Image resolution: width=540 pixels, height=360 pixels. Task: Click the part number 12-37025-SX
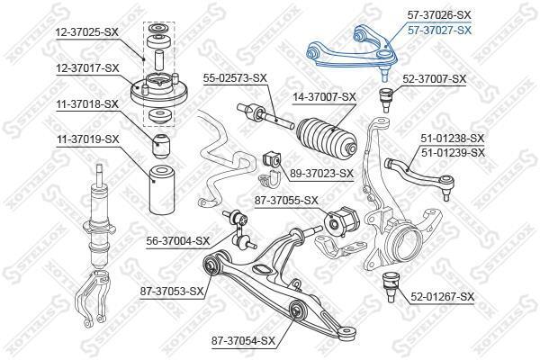(x=87, y=32)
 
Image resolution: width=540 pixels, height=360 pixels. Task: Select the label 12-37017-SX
(x=87, y=68)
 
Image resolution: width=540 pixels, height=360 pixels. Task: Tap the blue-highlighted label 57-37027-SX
(x=439, y=31)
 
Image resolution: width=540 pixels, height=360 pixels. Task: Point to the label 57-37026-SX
(x=439, y=14)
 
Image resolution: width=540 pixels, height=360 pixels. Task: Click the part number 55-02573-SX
(x=235, y=78)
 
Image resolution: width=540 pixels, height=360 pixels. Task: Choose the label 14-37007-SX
(x=324, y=97)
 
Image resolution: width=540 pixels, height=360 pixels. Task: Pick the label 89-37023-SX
(x=321, y=174)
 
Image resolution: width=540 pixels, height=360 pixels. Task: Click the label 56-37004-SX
(x=177, y=241)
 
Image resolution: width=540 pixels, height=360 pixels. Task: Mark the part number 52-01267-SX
(x=442, y=297)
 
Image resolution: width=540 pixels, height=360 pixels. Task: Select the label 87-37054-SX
(x=244, y=341)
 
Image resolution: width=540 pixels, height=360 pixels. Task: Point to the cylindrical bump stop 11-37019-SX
(x=161, y=190)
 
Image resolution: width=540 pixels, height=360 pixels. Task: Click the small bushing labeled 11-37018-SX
(x=161, y=146)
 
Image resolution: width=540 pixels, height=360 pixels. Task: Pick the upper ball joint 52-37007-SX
(x=386, y=100)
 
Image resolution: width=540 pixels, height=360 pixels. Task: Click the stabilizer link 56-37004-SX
(x=238, y=229)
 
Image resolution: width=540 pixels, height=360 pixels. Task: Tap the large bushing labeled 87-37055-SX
(x=342, y=221)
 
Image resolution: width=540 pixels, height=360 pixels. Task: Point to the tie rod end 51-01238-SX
(x=421, y=176)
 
